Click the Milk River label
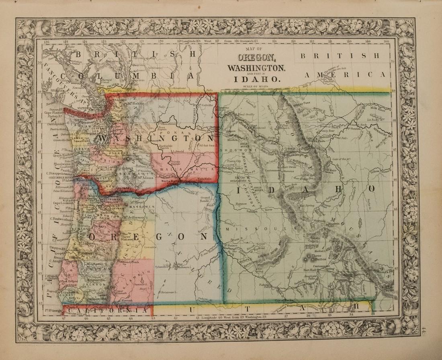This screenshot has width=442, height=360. pyautogui.click(x=377, y=107)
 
